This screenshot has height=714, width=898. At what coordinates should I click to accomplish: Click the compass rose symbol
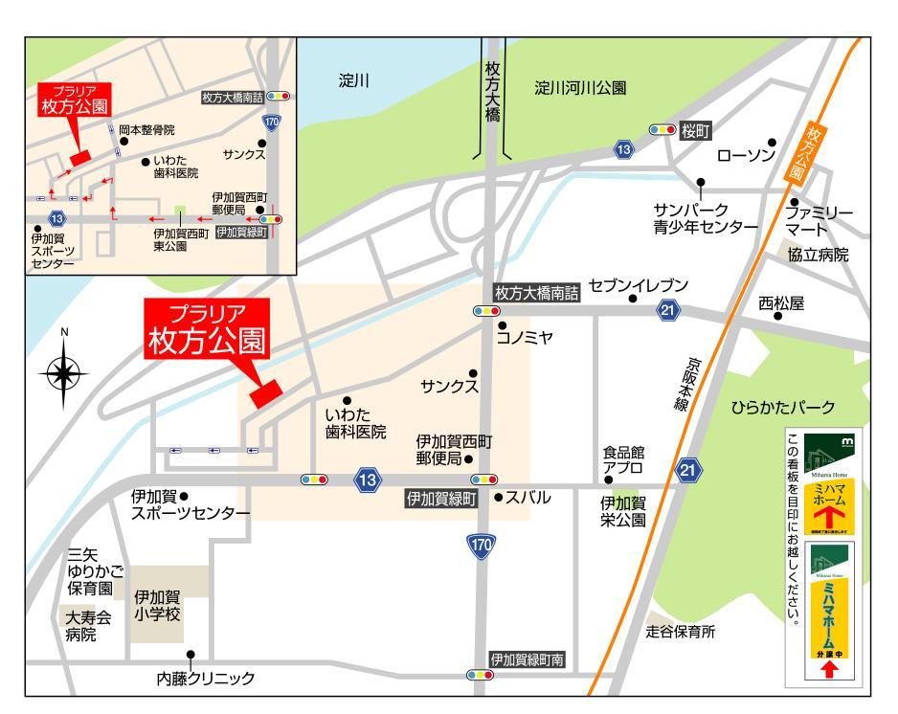coord(65,372)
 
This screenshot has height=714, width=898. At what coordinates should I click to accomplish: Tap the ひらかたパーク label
coord(783,406)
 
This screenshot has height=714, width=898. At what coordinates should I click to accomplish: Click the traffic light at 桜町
coord(662,129)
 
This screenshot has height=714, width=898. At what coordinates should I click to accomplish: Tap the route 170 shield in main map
coord(482,545)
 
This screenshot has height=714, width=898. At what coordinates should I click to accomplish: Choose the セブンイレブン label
coord(638,285)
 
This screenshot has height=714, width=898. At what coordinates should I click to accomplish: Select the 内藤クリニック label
coord(206,679)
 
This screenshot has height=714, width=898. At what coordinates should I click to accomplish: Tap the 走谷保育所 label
coord(680,632)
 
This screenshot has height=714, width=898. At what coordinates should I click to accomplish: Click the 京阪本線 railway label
coord(688,386)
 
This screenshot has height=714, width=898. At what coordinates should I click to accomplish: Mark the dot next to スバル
coord(497,498)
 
